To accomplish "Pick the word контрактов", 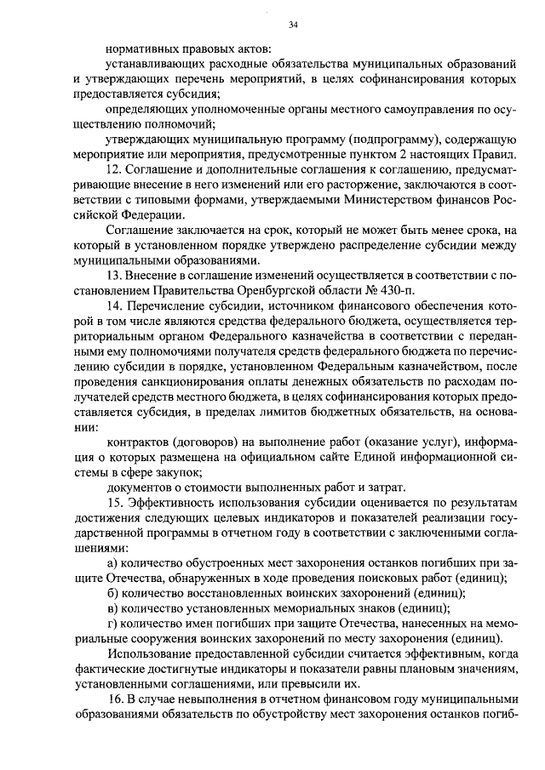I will click(x=138, y=443).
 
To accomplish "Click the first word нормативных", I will click(x=141, y=49).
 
